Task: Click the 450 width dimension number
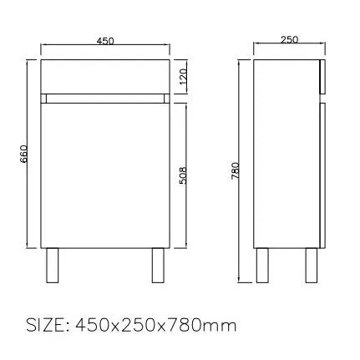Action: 105,41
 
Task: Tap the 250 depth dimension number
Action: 289,39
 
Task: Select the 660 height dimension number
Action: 23,154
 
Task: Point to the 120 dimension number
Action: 183,77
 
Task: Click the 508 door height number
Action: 183,175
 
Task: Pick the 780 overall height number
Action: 236,170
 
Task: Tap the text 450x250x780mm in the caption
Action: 156,325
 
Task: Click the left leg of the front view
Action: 52,266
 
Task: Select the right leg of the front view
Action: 158,266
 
